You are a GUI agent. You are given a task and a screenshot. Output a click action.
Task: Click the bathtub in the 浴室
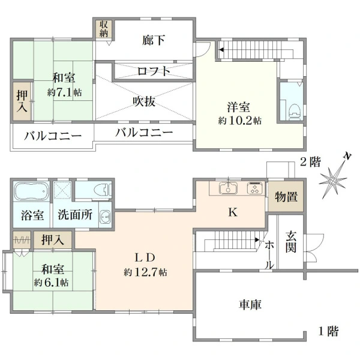click(31, 191)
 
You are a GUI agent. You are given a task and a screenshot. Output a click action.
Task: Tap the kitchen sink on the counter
click(228, 188)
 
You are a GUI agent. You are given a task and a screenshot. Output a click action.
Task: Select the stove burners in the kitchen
click(255, 188)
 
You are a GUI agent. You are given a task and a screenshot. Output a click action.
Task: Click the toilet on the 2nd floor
click(295, 112)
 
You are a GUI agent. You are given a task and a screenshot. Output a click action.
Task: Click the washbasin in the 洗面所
click(106, 217)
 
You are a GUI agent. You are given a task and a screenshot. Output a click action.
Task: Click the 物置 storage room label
click(286, 197)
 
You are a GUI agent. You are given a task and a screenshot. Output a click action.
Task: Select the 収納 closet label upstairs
click(104, 29)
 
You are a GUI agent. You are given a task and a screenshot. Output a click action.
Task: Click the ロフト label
click(154, 71)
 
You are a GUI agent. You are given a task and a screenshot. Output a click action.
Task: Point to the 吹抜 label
click(145, 101)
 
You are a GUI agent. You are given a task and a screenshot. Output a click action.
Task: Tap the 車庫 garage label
click(250, 305)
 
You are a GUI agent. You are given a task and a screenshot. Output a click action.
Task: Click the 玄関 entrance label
click(291, 242)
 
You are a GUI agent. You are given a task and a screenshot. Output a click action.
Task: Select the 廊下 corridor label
click(154, 40)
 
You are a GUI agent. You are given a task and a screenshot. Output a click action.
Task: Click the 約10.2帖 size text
click(239, 121)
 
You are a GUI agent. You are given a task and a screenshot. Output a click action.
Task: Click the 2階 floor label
click(310, 163)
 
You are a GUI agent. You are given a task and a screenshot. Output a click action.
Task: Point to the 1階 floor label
click(328, 331)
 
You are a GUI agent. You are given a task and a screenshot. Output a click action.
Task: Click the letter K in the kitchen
click(233, 212)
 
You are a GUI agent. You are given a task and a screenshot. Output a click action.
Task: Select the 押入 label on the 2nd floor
click(22, 101)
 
